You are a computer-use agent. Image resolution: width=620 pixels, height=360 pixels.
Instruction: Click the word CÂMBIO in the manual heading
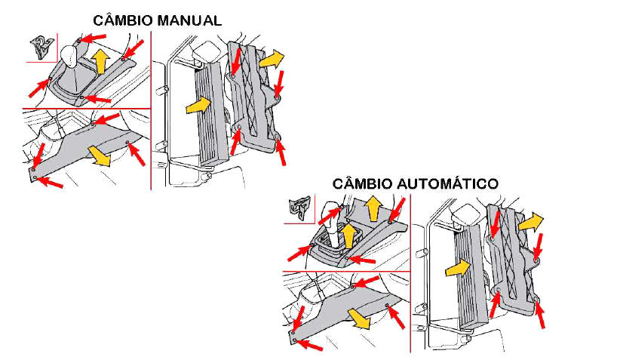[123, 20]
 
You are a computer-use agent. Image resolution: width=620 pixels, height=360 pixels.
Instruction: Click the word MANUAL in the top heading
[188, 20]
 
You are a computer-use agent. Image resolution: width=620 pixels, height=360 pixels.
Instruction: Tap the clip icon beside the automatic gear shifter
[299, 208]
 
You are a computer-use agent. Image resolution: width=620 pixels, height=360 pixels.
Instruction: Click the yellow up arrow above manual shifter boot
[98, 60]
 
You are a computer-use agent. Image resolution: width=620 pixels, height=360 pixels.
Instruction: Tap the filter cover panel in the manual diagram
[254, 98]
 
